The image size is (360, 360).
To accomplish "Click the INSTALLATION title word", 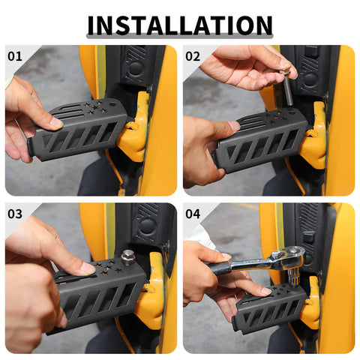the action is (x=180, y=25).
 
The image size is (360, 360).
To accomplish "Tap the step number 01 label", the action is (x=15, y=56).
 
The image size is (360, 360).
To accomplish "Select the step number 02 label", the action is (x=193, y=56).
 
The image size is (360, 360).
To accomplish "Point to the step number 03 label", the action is (x=15, y=214).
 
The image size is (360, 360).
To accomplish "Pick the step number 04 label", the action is (x=193, y=214).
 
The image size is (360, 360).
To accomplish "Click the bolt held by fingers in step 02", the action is (x=288, y=85).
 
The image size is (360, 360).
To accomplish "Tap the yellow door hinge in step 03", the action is (x=150, y=292).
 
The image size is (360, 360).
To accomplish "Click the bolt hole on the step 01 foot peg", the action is (x=112, y=103).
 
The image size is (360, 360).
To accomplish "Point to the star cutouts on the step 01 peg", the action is (x=94, y=107).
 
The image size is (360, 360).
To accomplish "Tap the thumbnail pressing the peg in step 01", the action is (x=56, y=122).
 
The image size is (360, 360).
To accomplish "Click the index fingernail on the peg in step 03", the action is (x=88, y=268).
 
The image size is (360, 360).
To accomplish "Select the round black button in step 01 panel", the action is (x=136, y=67).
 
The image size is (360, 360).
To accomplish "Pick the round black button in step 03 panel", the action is (x=148, y=226).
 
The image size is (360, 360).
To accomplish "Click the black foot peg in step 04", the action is (x=270, y=309).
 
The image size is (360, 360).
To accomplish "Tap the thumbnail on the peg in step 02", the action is (x=235, y=125).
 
